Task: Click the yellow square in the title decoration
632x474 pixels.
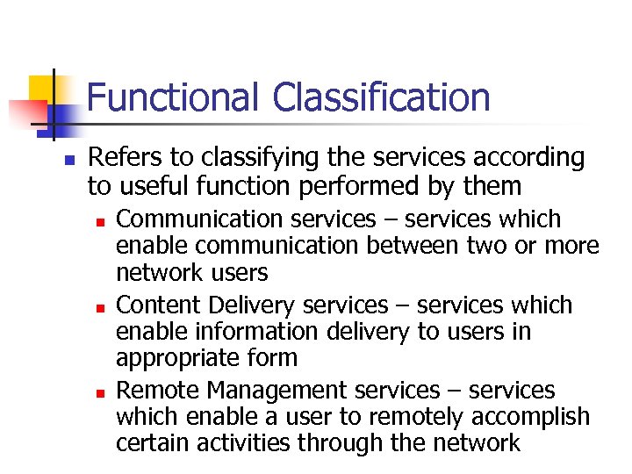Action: click(x=43, y=91)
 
